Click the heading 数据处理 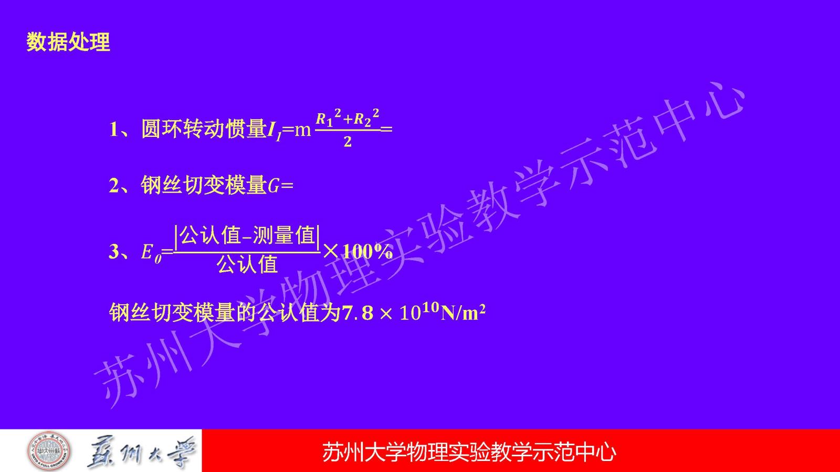click(68, 41)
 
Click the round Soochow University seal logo click(49, 451)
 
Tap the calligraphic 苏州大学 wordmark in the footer click(142, 452)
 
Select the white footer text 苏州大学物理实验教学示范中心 click(469, 452)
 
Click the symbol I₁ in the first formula click(274, 131)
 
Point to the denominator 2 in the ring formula click(347, 142)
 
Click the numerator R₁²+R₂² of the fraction click(347, 118)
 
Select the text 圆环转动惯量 click(204, 129)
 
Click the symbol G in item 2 click(273, 186)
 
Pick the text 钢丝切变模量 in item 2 click(204, 185)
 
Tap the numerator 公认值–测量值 click(247, 236)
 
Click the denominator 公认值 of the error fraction click(247, 264)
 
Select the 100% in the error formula click(368, 252)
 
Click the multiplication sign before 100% click(331, 252)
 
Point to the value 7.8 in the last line click(358, 313)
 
